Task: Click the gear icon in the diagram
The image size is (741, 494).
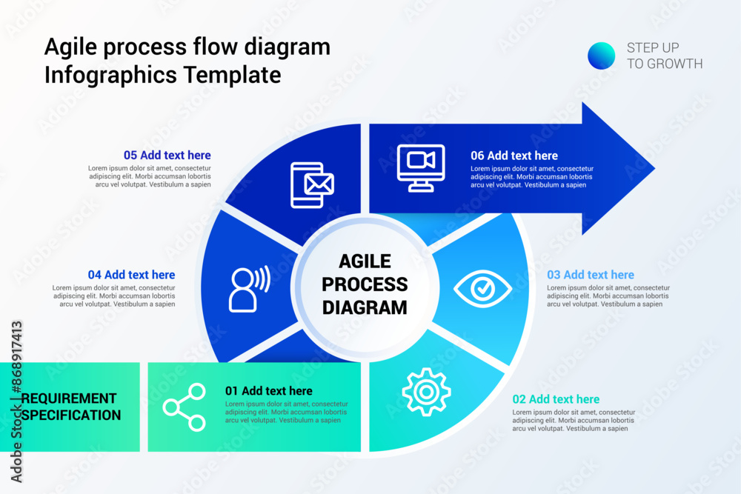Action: (426, 391)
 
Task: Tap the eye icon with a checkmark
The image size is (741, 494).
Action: (482, 289)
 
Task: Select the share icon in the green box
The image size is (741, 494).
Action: (185, 407)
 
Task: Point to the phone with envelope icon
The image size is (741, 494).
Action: (312, 184)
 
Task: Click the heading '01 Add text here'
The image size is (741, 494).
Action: (269, 391)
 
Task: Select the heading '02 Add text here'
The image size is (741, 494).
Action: (556, 399)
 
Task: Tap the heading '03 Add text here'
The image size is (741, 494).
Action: (591, 275)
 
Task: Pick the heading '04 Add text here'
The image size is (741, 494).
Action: (132, 275)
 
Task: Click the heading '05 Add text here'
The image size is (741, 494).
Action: (167, 156)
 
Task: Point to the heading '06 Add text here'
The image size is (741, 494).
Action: (514, 156)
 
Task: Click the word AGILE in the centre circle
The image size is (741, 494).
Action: (365, 261)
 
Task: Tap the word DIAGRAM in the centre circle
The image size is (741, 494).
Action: (365, 307)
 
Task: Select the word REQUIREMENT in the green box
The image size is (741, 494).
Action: (69, 398)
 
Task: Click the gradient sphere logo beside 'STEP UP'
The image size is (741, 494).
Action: (601, 56)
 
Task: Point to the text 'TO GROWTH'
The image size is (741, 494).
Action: (665, 64)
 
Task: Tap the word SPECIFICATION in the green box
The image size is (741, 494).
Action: (71, 415)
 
